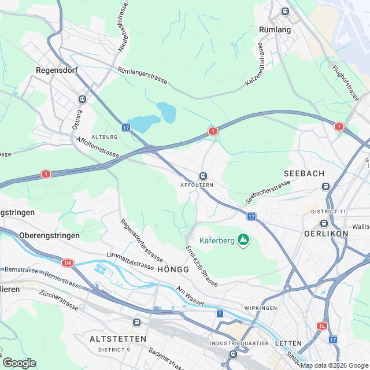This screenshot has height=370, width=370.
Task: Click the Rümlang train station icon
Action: pyautogui.click(x=284, y=11)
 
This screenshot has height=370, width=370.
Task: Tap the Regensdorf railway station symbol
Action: pyautogui.click(x=82, y=99)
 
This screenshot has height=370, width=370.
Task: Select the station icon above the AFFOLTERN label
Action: pyautogui.click(x=203, y=176)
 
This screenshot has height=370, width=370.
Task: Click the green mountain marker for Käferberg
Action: pyautogui.click(x=244, y=239)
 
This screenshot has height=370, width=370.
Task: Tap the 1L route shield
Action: pyautogui.click(x=322, y=325)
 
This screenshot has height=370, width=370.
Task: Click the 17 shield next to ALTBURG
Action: pyautogui.click(x=126, y=127)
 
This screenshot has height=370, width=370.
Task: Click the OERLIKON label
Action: pyautogui.click(x=326, y=233)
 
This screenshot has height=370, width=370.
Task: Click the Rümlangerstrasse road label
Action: pyautogui.click(x=142, y=76)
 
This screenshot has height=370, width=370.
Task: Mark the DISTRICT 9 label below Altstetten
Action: pyautogui.click(x=114, y=350)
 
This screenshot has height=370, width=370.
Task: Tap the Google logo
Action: pyautogui.click(x=19, y=363)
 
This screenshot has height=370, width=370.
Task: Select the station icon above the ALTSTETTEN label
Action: pyautogui.click(x=136, y=322)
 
